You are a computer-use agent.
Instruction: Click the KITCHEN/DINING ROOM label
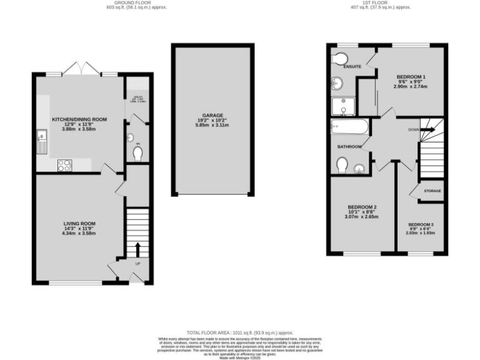tap(79, 119)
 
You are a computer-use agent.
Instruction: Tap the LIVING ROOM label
tap(79, 223)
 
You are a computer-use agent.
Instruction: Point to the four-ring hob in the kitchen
tap(64, 165)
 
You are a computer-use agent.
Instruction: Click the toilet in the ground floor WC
tap(137, 152)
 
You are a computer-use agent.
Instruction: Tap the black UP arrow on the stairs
tap(138, 250)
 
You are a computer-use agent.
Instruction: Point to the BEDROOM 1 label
tap(411, 76)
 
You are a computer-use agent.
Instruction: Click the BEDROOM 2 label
tap(362, 207)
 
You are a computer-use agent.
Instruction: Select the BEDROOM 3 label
tap(421, 224)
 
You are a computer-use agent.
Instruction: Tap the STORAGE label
tap(432, 191)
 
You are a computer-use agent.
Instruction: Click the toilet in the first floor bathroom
tap(341, 164)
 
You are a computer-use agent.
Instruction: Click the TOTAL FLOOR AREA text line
tap(239, 332)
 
